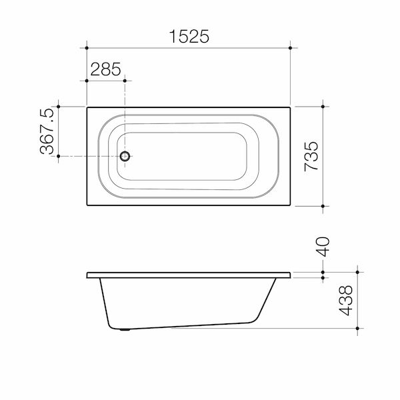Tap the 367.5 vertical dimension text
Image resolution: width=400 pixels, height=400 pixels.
[47, 133]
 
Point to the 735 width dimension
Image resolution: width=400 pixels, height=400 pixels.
[315, 157]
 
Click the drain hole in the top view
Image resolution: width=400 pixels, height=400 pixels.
[125, 157]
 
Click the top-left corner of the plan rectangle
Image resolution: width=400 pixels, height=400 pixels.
[87, 106]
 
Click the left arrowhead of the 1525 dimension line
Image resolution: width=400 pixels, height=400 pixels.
[87, 47]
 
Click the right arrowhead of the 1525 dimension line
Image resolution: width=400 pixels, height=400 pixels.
[290, 47]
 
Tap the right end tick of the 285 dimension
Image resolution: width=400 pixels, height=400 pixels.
[125, 80]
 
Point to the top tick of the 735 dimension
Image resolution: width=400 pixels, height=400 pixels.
[324, 106]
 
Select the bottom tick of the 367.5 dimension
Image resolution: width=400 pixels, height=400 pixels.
[59, 157]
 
